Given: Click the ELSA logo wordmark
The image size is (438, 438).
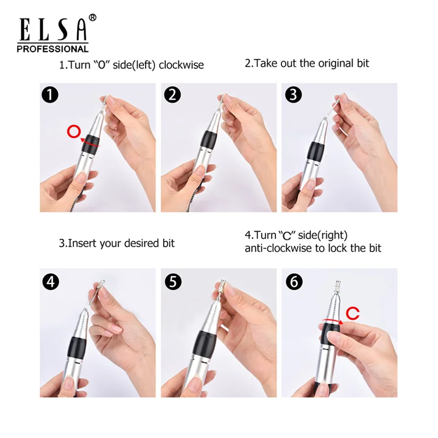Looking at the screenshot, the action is [x=53, y=29].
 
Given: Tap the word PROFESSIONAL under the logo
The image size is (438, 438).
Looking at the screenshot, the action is [x=53, y=49].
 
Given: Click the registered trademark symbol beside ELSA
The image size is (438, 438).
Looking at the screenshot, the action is [x=93, y=18].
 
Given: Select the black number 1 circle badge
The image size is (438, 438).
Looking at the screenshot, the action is [x=50, y=94].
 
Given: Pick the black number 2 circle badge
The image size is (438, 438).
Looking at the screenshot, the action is [x=172, y=94].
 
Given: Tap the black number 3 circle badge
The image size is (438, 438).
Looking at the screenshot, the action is [x=293, y=94].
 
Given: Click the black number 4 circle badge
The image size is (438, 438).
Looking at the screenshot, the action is [x=50, y=281].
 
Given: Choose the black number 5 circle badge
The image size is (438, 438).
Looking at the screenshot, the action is [x=173, y=281].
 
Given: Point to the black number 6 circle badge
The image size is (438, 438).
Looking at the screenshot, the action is [x=294, y=281].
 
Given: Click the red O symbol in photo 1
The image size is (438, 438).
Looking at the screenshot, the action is [x=74, y=131].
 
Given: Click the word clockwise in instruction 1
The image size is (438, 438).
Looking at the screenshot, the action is [x=181, y=65].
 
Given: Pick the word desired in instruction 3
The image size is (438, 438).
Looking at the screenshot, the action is [x=142, y=243].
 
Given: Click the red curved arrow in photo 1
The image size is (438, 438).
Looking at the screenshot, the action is [x=89, y=142].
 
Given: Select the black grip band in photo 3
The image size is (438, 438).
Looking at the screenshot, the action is [x=315, y=154].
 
